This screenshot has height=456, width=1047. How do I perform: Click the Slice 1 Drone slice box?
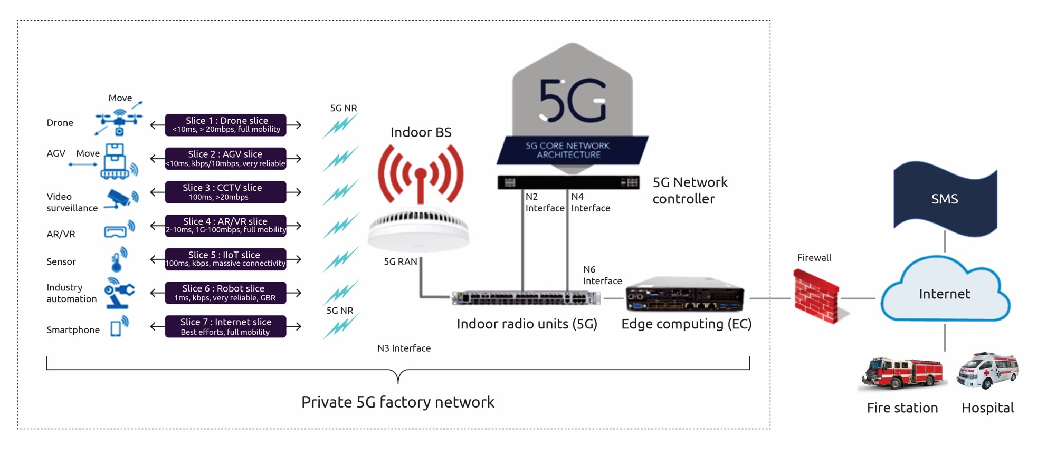click(x=225, y=125)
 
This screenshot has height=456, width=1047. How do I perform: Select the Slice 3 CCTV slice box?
click(x=225, y=192)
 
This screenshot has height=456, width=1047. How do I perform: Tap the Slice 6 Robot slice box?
click(x=225, y=293)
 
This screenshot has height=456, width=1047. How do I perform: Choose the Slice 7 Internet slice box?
click(x=225, y=326)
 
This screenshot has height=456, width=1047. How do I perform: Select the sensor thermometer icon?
click(x=118, y=259)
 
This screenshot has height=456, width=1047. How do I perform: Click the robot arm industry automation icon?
click(x=118, y=292)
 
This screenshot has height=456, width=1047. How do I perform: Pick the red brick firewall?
click(x=816, y=296)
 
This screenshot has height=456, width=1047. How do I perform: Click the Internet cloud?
click(x=945, y=291)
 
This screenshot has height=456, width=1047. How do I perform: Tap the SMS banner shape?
click(x=945, y=199)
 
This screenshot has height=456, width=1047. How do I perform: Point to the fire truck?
click(x=902, y=372)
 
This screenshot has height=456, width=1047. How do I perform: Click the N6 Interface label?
click(x=602, y=275)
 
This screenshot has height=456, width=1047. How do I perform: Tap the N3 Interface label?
click(x=404, y=348)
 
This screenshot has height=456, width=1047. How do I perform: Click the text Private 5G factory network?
click(x=397, y=402)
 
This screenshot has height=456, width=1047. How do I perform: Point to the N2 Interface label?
click(x=544, y=202)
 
